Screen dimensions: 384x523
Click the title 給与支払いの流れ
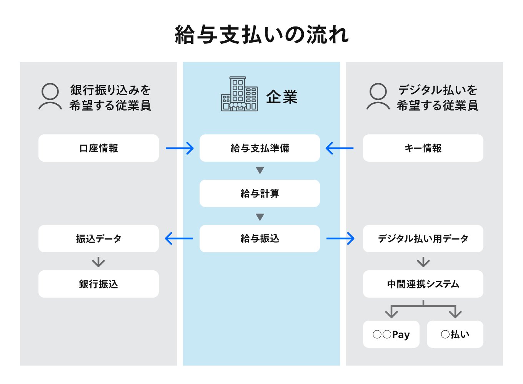261,35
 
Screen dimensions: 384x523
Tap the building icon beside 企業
239,94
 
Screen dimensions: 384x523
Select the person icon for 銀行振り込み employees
50,97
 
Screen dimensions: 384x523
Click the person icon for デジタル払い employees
378,97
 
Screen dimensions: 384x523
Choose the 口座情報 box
98,148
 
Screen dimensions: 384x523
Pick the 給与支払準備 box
260,148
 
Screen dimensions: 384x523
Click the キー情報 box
423,148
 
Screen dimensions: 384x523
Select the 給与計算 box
260,194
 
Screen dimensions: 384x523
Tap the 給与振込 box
260,239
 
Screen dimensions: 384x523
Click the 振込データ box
98,239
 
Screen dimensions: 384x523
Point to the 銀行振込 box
98,284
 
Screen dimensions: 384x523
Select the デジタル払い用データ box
423,239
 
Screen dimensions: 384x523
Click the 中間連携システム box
423,284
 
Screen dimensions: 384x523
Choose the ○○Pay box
391,334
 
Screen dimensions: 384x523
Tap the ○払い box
455,334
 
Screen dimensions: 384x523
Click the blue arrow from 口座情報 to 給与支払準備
180,148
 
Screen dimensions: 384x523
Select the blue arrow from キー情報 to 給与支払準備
340,148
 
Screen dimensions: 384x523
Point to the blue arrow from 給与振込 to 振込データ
179,239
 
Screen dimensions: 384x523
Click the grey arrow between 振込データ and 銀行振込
98,262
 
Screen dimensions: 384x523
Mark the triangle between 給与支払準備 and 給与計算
260,170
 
